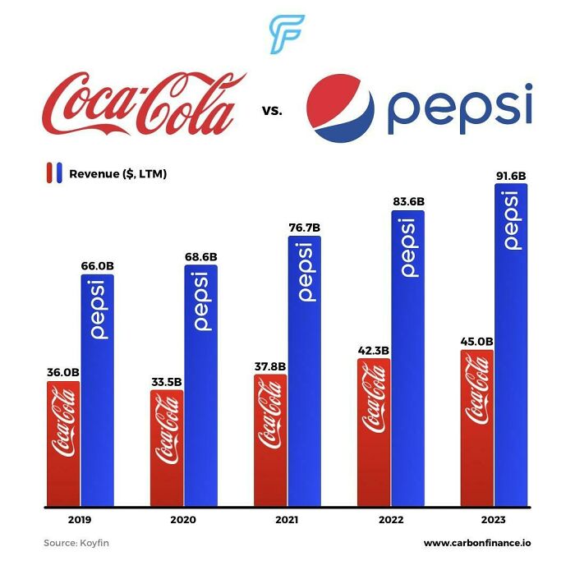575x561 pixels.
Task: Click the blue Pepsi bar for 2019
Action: click(98, 390)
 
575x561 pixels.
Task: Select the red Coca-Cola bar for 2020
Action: click(167, 448)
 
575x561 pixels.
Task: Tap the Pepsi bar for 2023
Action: click(511, 345)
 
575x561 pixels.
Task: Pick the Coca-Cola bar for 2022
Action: click(374, 432)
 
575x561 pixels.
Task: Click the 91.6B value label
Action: click(511, 175)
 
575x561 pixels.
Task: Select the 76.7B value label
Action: click(304, 227)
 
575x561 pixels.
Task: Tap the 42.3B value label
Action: click(373, 350)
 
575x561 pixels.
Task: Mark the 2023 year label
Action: click(493, 520)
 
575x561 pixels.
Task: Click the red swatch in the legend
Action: click(49, 173)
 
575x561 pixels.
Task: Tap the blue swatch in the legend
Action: click(60, 173)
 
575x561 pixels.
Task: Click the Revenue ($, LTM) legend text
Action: click(117, 173)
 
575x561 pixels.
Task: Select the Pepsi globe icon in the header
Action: click(340, 109)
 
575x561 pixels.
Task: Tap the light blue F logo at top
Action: click(287, 34)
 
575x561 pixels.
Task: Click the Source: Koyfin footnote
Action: click(76, 543)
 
